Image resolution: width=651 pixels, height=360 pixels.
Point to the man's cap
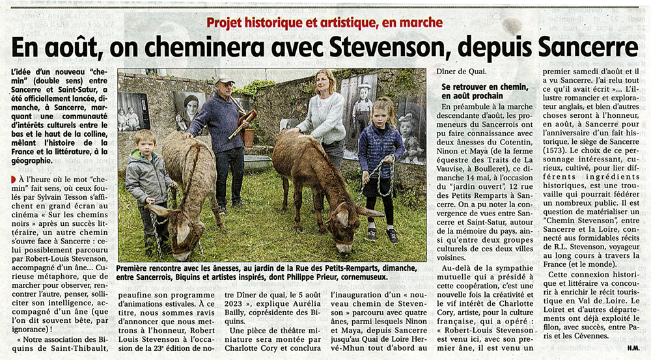coord(225,81)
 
